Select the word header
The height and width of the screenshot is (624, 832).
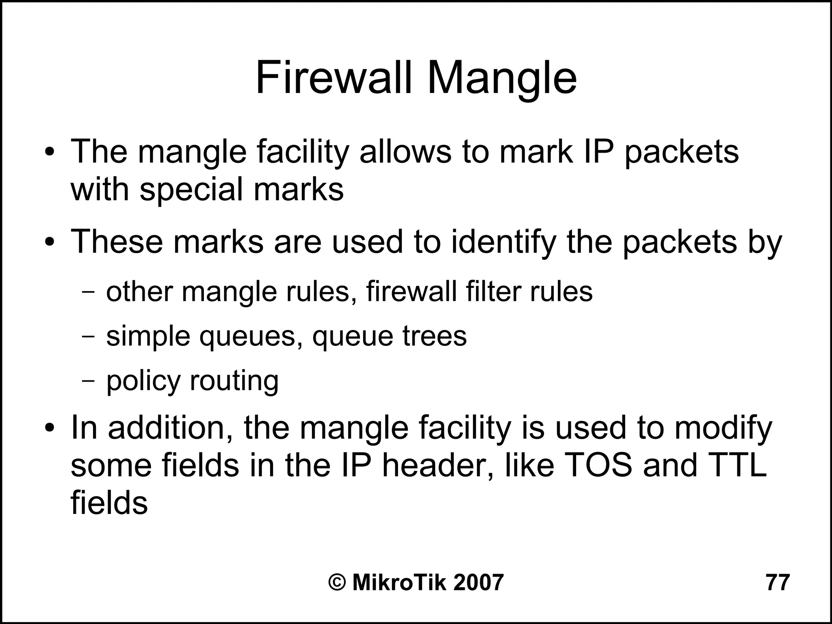[438, 465]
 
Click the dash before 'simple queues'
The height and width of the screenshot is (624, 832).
[88, 337]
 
